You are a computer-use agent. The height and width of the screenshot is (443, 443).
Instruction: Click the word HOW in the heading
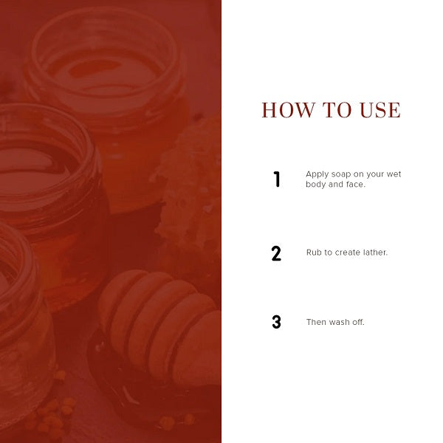pos(289,110)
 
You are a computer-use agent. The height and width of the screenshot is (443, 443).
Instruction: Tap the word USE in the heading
pos(380,110)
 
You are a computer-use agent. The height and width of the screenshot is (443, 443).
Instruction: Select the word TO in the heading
pos(337,110)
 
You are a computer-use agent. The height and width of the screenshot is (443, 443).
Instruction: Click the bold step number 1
pos(277,179)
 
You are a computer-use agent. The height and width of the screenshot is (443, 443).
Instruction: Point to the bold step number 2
pos(276,253)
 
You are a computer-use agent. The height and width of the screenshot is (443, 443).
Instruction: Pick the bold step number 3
pos(276,322)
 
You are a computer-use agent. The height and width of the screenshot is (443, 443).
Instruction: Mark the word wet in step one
pos(394,174)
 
